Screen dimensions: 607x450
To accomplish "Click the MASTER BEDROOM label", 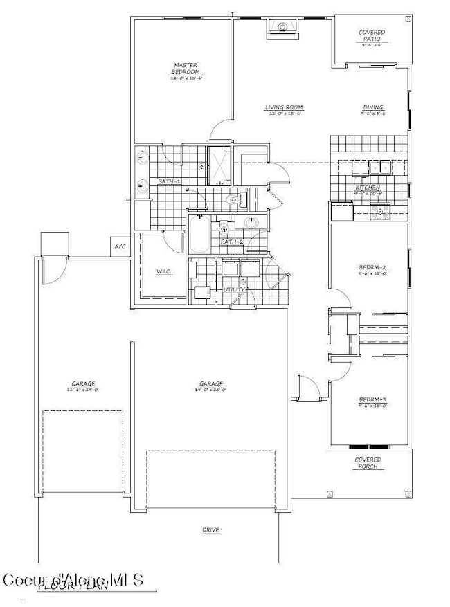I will pos(186,69).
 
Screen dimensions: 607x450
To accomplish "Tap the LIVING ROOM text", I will pos(285,108).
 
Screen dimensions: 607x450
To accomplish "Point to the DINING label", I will pos(374,108).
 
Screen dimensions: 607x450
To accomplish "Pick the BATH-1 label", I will pos(169,181).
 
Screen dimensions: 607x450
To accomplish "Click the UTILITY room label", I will pos(233,289).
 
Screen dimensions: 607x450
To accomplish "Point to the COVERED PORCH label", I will pos(368,463).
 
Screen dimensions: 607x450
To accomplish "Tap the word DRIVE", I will pos(211,530).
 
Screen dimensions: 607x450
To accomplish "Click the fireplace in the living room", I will pos(282,27).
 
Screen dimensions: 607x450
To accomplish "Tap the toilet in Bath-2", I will pos(224,228).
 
